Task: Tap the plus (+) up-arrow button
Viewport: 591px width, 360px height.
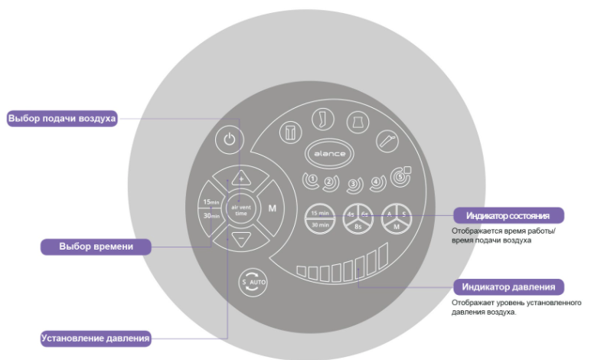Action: pos(240,178)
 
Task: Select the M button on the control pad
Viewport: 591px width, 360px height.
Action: pos(273,208)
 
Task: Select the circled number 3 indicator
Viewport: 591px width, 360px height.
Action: pos(353,184)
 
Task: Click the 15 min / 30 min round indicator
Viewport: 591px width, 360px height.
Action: pos(320,218)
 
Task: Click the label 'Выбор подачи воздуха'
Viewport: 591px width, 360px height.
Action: pos(62,119)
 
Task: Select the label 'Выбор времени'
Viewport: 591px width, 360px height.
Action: pos(96,247)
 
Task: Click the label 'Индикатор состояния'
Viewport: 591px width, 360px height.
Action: pos(509,214)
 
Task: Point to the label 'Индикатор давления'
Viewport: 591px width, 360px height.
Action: pos(509,287)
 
